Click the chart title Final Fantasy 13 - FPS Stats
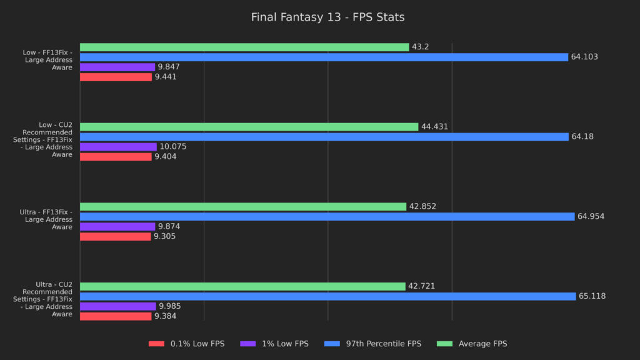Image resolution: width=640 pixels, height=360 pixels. (327, 17)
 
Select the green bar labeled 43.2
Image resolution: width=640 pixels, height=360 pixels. (244, 47)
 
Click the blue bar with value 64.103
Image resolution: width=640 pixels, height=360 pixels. (324, 57)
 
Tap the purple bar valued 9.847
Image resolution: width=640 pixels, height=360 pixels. (117, 67)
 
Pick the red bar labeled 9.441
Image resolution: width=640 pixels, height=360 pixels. (116, 77)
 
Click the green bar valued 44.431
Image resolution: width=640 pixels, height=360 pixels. (249, 127)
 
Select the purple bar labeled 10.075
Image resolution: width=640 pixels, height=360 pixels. (118, 147)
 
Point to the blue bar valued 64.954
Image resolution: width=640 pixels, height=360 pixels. (327, 217)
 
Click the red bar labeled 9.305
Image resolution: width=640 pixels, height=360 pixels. (115, 236)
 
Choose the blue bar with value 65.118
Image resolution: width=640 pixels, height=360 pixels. (327, 296)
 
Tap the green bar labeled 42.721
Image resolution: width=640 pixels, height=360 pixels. (242, 286)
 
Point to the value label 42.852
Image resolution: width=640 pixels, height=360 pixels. (424, 207)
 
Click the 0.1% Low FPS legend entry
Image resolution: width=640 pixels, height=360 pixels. (186, 344)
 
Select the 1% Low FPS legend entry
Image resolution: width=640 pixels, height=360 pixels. (274, 344)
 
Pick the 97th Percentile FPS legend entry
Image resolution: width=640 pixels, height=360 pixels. (376, 344)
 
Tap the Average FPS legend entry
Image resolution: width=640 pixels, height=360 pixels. (474, 344)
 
